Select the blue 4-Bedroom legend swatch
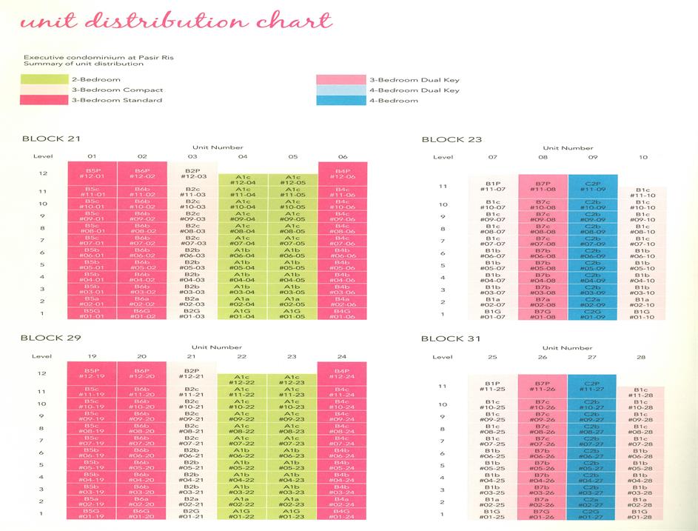(x=341, y=100)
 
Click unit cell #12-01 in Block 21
(x=92, y=173)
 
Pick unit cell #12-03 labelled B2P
(x=192, y=173)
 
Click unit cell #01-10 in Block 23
(x=643, y=315)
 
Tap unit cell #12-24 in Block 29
(x=342, y=373)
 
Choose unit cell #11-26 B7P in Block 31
(x=543, y=387)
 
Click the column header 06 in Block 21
(x=342, y=156)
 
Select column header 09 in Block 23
(x=593, y=157)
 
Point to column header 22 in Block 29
(x=242, y=357)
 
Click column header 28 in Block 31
(x=642, y=358)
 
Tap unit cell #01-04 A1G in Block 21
(x=243, y=314)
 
